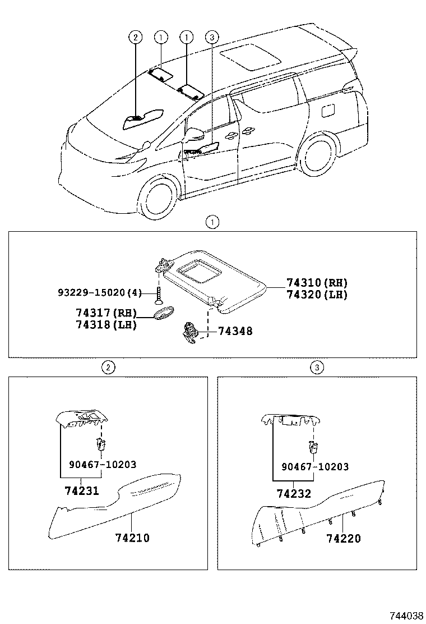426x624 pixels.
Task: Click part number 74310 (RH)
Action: (x=317, y=283)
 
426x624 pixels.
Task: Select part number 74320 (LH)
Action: (x=317, y=295)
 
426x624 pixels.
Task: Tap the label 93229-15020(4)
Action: (x=100, y=292)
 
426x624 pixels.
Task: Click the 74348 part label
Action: (x=235, y=332)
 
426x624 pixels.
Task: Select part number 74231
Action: (x=82, y=490)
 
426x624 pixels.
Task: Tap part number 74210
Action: (x=132, y=538)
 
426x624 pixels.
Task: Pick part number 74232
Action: (x=294, y=494)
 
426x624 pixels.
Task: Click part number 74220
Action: (x=344, y=539)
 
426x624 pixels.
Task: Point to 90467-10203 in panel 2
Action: (x=103, y=465)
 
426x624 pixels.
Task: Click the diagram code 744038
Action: (x=406, y=615)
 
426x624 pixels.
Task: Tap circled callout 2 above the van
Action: (x=135, y=38)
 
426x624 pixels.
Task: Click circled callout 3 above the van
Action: (x=211, y=38)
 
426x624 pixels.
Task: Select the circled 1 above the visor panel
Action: (x=212, y=222)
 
